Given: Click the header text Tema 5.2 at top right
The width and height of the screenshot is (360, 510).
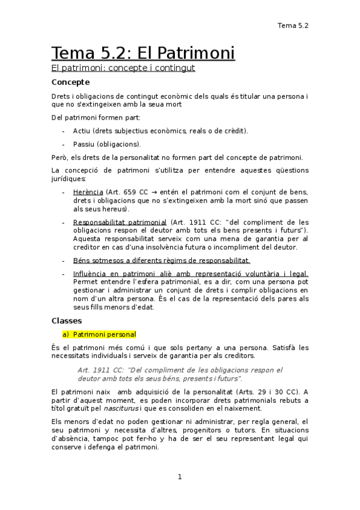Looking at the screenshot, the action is pos(293,25).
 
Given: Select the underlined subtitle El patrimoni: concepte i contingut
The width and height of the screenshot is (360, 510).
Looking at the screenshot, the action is pos(123,68).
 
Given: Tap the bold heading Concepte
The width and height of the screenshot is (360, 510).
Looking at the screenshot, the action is pos(70,82).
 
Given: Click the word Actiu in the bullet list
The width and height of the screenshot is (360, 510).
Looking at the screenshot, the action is pos(82,131).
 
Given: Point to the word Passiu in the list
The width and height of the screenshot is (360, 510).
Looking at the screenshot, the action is pos(84,144).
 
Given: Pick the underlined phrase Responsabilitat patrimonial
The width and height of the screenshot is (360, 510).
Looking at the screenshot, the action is pos(120,222).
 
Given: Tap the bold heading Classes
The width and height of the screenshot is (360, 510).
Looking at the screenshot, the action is pos(67,321).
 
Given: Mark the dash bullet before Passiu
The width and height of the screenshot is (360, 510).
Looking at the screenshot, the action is pos(64,144).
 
